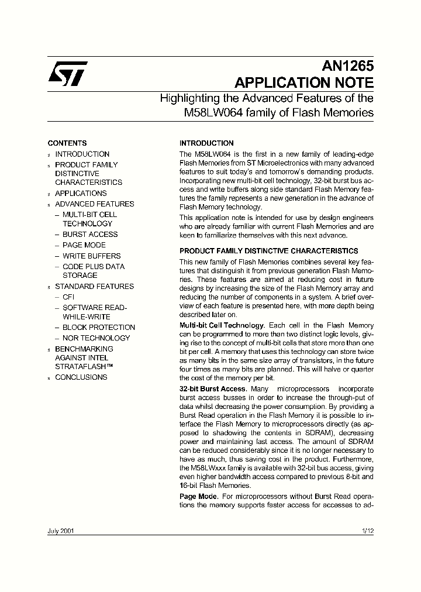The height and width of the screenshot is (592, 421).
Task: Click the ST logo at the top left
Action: coord(68,74)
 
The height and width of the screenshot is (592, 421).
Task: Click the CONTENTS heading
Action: coord(67,143)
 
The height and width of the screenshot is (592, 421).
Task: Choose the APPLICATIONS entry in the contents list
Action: coord(81,194)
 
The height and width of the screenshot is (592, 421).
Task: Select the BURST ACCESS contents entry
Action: coord(90,235)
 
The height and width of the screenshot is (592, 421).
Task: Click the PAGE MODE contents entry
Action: coord(84,245)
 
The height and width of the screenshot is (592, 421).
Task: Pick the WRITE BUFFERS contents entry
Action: coord(91,256)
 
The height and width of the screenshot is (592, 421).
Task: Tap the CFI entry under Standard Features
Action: coord(68,297)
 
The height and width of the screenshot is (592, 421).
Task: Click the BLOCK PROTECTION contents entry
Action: coord(99,328)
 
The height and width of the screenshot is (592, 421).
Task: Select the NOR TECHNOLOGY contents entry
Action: coord(96,338)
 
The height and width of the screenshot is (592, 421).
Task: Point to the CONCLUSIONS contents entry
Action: coord(81,377)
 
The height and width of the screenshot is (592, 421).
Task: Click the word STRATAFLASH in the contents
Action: coord(80,367)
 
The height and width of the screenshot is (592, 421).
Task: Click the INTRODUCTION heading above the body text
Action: coord(206,143)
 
